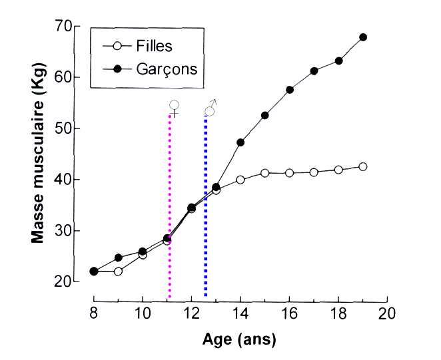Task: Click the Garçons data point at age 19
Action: click(x=363, y=37)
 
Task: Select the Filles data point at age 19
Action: click(x=363, y=166)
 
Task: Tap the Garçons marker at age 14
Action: click(x=240, y=142)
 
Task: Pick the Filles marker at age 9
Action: click(x=118, y=271)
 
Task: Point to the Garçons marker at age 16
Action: click(x=290, y=90)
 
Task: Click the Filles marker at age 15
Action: click(x=265, y=173)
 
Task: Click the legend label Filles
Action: click(x=154, y=47)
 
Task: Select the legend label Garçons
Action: click(x=166, y=69)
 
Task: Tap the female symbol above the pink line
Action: click(x=174, y=107)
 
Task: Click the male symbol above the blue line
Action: click(x=211, y=109)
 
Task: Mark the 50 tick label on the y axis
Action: click(x=63, y=128)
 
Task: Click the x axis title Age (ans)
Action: click(x=239, y=339)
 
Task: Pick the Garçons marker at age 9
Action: click(x=118, y=258)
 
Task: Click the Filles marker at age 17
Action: click(x=314, y=172)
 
